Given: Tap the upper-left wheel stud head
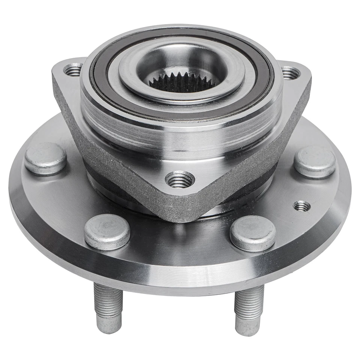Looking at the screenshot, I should click(45, 158).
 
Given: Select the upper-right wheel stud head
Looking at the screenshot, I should click(314, 162).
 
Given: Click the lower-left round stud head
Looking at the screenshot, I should click(107, 232).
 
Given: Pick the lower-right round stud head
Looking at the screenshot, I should click(253, 233).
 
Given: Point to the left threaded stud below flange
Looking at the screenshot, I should click(108, 300).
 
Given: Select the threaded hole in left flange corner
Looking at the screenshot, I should click(73, 69).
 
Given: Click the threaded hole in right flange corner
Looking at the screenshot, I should click(291, 73).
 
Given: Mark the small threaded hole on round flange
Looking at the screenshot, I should click(302, 206).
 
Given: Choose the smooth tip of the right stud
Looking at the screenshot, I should click(248, 327).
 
